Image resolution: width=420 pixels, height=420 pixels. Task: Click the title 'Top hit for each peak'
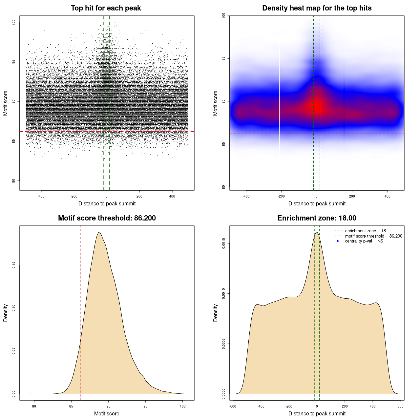click(x=106, y=8)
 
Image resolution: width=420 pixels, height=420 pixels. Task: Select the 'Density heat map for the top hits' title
click(x=317, y=8)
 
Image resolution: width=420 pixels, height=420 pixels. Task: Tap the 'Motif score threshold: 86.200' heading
click(x=107, y=218)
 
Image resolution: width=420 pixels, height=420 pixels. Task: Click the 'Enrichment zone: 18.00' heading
click(x=317, y=218)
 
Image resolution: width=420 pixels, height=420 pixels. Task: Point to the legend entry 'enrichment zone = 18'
click(x=365, y=231)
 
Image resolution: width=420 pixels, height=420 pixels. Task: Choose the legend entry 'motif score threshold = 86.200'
click(x=373, y=236)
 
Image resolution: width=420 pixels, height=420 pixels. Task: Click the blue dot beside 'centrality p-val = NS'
click(x=338, y=241)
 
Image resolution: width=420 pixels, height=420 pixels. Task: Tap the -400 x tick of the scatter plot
click(x=41, y=196)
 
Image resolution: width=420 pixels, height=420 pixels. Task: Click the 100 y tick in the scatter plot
click(x=14, y=22)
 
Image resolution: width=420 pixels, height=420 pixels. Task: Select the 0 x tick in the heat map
click(x=317, y=196)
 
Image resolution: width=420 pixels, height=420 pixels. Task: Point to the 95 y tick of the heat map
click(x=224, y=58)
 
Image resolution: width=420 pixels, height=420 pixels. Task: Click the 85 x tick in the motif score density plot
click(x=71, y=406)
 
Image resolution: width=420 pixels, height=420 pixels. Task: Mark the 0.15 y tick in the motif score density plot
click(x=14, y=265)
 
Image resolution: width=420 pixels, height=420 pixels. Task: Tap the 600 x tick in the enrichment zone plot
click(x=401, y=406)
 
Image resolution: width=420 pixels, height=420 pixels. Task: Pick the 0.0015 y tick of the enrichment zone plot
click(x=224, y=243)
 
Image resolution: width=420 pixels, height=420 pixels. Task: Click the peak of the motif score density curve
click(x=99, y=232)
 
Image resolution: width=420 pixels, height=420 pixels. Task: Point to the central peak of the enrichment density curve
click(x=317, y=233)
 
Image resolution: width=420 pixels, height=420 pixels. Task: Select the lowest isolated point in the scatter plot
click(x=84, y=184)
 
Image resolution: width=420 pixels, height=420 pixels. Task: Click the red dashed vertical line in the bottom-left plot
click(x=80, y=312)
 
